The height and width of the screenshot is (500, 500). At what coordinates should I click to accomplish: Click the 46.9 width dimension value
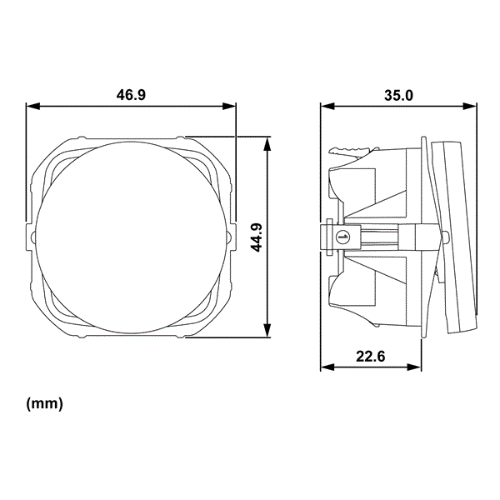(131, 95)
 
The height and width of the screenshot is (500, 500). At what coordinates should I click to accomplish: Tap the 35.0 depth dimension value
(398, 95)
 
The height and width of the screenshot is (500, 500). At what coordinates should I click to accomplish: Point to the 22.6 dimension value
(370, 357)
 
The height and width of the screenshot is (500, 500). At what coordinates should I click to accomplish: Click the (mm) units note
(45, 404)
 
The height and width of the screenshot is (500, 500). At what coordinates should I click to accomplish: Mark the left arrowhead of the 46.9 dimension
(32, 107)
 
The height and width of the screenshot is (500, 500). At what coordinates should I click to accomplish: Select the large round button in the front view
(131, 237)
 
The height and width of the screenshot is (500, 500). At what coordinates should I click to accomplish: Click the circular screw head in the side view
(341, 237)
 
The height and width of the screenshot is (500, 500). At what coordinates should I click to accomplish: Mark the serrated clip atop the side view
(350, 150)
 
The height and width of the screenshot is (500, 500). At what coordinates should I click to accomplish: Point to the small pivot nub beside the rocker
(447, 237)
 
